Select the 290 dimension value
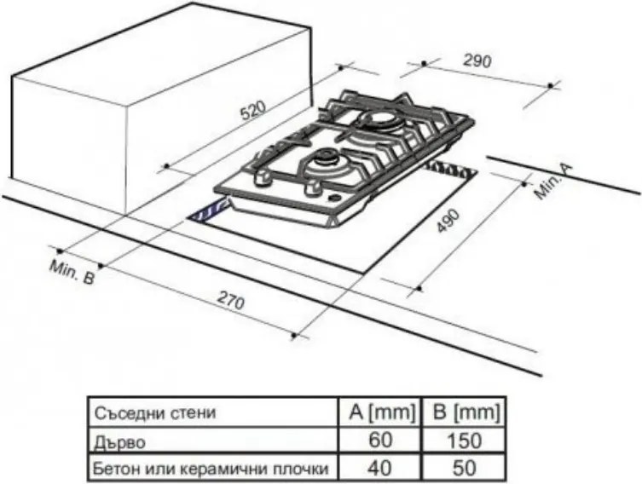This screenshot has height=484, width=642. click(477, 60)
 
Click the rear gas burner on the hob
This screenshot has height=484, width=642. click(376, 120)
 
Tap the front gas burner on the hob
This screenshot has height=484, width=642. click(325, 158)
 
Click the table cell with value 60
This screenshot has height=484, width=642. click(381, 441)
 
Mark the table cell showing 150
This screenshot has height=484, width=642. click(463, 441)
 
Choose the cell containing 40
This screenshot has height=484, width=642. click(381, 468)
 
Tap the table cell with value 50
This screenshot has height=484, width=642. click(463, 468)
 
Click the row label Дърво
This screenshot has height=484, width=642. click(120, 441)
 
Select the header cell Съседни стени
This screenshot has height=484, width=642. click(155, 414)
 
